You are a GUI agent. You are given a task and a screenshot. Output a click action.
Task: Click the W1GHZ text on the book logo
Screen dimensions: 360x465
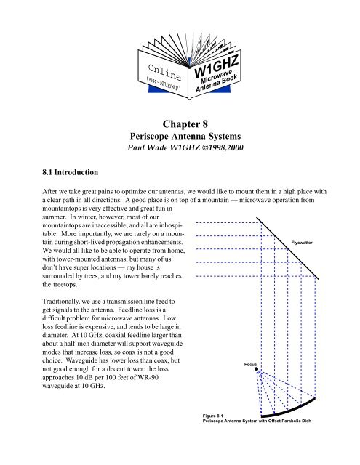pyautogui.click(x=216, y=68)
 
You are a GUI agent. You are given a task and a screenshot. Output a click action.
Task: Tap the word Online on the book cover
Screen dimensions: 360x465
pyautogui.click(x=164, y=73)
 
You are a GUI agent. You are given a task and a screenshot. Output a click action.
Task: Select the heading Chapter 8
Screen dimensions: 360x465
pyautogui.click(x=185, y=124)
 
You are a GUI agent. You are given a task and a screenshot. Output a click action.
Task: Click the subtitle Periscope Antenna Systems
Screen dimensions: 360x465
pyautogui.click(x=185, y=136)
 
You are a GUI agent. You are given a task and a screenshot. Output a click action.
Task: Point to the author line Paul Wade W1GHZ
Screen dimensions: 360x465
pyautogui.click(x=164, y=147)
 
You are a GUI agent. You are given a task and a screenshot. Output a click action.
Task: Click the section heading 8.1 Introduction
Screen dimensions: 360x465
pyautogui.click(x=70, y=172)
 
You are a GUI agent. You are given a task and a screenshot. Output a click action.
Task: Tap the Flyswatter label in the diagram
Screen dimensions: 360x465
pyautogui.click(x=302, y=243)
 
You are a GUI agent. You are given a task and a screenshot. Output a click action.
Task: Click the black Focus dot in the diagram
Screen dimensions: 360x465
pyautogui.click(x=257, y=369)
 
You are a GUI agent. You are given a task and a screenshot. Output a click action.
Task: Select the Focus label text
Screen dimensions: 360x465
pyautogui.click(x=250, y=365)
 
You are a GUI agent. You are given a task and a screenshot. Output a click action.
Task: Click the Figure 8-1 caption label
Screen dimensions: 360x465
pyautogui.click(x=213, y=416)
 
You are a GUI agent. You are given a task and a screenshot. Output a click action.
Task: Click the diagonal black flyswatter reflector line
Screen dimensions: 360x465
pyautogui.click(x=287, y=248)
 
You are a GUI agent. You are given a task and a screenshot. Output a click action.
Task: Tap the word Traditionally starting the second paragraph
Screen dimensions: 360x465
pyautogui.click(x=61, y=302)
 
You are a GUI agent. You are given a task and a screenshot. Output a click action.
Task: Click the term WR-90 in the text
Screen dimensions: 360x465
pyautogui.click(x=148, y=378)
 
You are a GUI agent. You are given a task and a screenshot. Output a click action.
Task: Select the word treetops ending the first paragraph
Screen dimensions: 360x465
pyautogui.click(x=65, y=284)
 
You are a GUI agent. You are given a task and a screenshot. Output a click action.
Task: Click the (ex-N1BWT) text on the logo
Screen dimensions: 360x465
pyautogui.click(x=164, y=84)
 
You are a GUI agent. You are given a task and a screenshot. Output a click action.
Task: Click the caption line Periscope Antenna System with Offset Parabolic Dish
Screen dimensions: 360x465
pyautogui.click(x=257, y=421)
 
